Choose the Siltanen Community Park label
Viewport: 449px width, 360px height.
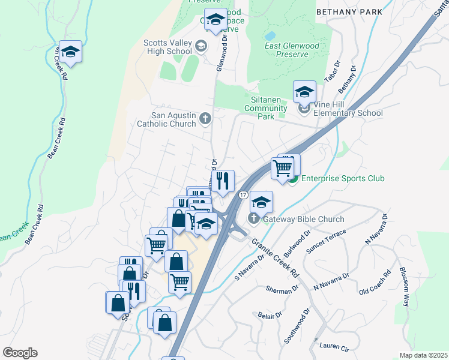(x=268, y=112)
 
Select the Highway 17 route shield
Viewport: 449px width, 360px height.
(x=243, y=195)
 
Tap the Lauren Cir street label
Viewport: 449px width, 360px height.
(x=334, y=346)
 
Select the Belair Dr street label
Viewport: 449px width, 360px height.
(x=270, y=315)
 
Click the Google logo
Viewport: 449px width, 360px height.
(x=20, y=352)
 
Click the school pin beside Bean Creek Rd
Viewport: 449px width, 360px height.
(x=70, y=53)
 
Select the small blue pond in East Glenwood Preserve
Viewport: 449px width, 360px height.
(x=270, y=35)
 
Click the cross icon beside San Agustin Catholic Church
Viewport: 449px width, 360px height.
(x=205, y=118)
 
